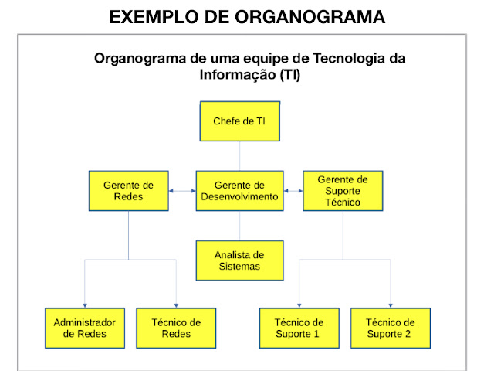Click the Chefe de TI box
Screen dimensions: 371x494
pyautogui.click(x=239, y=121)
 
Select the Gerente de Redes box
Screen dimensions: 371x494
pyautogui.click(x=128, y=191)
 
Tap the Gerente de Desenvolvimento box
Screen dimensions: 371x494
pyautogui.click(x=239, y=191)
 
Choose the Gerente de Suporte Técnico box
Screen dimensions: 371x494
pyautogui.click(x=342, y=191)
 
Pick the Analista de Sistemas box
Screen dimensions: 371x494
pyautogui.click(x=239, y=260)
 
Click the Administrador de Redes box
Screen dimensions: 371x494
pyautogui.click(x=85, y=328)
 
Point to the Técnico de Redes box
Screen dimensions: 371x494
pyautogui.click(x=176, y=328)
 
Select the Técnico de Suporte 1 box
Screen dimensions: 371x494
pyautogui.click(x=299, y=328)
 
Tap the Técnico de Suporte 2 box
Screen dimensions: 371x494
pyautogui.click(x=391, y=328)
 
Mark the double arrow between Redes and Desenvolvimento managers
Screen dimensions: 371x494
pyautogui.click(x=181, y=191)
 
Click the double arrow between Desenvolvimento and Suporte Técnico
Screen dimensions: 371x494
pyautogui.click(x=293, y=191)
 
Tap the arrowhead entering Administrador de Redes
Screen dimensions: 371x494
pyautogui.click(x=85, y=305)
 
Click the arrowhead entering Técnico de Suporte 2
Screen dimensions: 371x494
pyautogui.click(x=391, y=305)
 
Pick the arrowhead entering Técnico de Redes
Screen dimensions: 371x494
pyautogui.click(x=176, y=305)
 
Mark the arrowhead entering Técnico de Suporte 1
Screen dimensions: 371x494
pyautogui.click(x=299, y=305)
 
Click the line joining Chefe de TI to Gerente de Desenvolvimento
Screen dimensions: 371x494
pyautogui.click(x=239, y=156)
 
